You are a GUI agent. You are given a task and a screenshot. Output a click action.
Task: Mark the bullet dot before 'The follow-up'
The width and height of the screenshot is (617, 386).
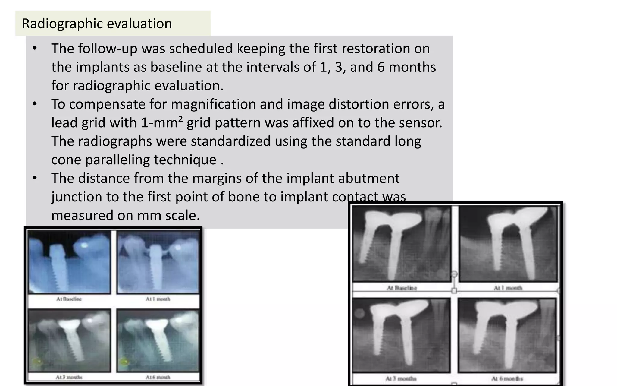coord(35,49)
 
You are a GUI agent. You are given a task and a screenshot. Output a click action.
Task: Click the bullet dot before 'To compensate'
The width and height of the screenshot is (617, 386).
coord(35,104)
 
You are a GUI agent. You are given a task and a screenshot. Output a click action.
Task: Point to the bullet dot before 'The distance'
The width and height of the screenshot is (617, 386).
coord(35,178)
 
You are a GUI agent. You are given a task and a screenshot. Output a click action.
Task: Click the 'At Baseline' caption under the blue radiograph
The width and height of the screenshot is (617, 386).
coord(69,299)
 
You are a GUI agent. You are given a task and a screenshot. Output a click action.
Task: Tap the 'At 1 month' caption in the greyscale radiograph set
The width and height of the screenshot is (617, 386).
coord(508,288)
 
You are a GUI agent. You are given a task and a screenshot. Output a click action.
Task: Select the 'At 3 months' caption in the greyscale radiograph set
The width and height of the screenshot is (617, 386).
coord(401,378)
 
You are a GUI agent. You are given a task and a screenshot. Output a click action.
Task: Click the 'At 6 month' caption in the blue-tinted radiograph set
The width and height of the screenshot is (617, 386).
coord(158,377)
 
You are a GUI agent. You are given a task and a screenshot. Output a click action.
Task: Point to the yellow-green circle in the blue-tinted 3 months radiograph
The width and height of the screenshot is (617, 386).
coord(36,361)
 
